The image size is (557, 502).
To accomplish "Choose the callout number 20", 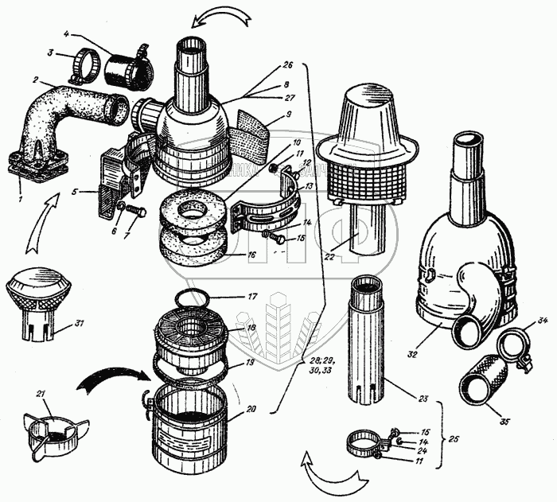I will point(251,411).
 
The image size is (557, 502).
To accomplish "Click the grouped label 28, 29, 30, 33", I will point(313,366).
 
